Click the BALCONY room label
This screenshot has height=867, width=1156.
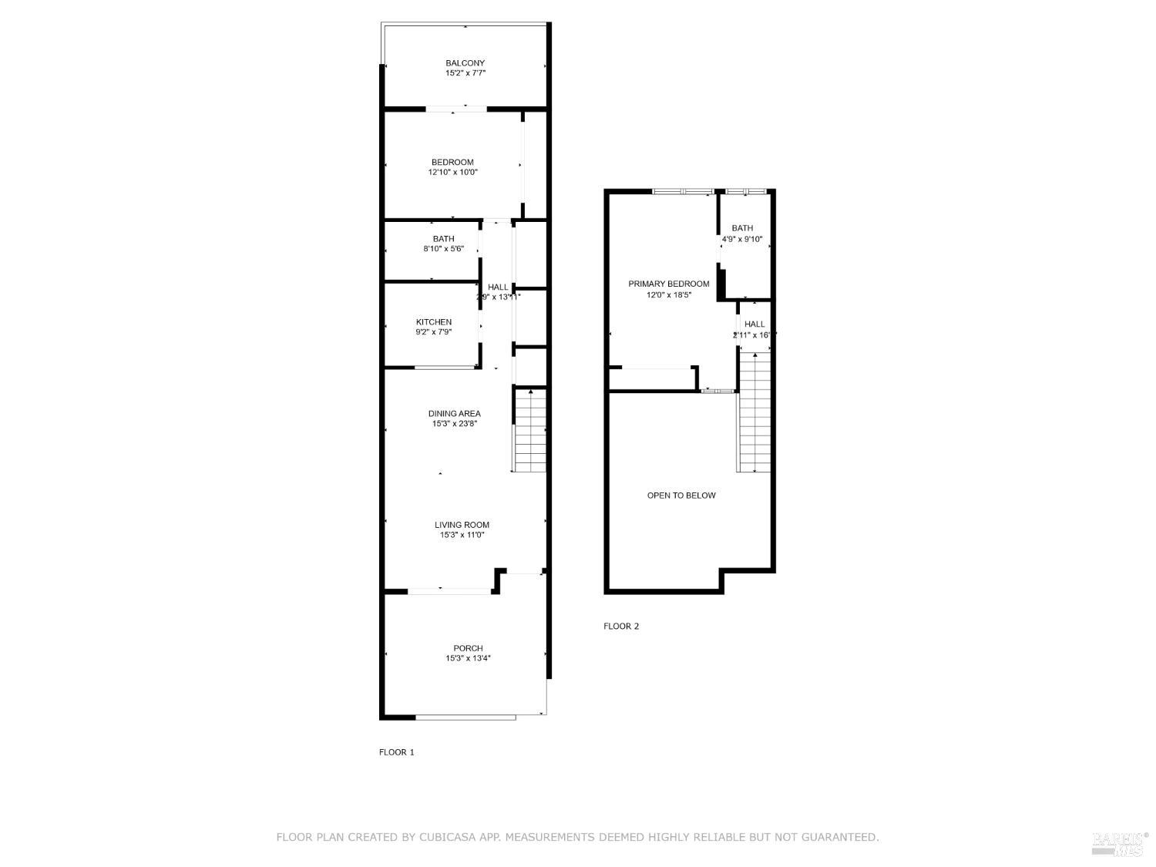click(465, 63)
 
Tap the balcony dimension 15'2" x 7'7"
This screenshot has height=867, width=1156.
click(465, 73)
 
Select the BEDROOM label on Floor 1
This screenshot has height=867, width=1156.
click(452, 162)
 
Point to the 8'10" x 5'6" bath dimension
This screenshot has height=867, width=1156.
click(443, 249)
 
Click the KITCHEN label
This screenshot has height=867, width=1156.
click(434, 322)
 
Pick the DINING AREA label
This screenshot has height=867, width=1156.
click(454, 414)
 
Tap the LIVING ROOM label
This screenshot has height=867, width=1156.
click(462, 525)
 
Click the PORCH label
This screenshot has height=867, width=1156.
click(468, 648)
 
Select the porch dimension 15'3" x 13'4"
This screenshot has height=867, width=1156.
click(468, 659)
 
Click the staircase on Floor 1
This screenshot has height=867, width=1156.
click(529, 432)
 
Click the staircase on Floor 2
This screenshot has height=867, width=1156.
click(754, 412)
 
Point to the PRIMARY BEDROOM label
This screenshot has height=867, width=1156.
click(668, 284)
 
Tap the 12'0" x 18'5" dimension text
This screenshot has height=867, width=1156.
click(668, 294)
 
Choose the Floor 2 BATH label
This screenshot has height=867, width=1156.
click(742, 228)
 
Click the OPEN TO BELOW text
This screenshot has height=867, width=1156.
click(681, 496)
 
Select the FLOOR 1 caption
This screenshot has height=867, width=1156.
click(396, 752)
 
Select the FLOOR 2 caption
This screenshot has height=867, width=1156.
click(621, 627)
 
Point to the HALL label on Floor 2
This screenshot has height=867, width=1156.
click(754, 324)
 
